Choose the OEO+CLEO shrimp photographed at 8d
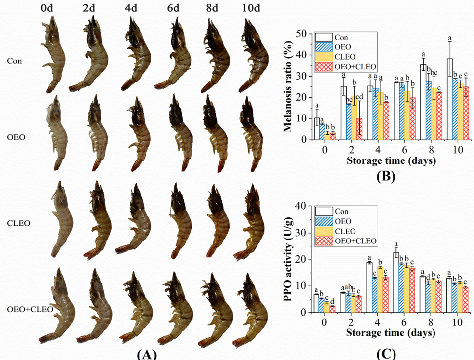point(213,306)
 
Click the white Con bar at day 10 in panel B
point(450,99)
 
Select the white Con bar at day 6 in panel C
point(395,282)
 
